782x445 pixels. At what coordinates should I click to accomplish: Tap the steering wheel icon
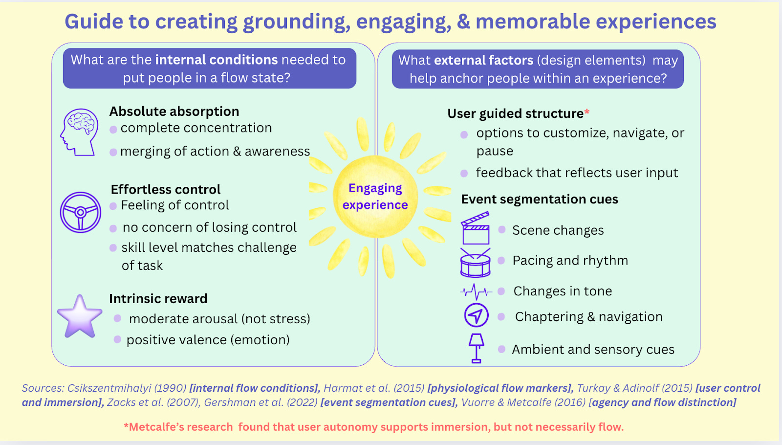pos(81,212)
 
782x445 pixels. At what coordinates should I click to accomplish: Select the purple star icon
pos(79,316)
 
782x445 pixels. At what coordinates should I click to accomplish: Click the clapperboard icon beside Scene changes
pos(475,228)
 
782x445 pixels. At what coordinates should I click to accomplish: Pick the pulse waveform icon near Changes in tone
pos(476,292)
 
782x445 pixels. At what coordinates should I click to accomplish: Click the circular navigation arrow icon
pos(476,315)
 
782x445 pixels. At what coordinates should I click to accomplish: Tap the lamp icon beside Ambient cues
pos(476,348)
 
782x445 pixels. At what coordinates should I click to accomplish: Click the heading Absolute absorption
pos(174,111)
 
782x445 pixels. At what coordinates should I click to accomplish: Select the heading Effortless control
pos(166,189)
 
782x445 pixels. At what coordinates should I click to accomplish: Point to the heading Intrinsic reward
pos(158,298)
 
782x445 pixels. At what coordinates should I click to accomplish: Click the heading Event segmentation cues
pos(540,199)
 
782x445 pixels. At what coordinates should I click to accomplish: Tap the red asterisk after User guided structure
pos(587,112)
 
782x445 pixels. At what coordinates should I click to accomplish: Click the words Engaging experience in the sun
pos(375,196)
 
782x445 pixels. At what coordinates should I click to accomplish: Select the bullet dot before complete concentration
pos(113,130)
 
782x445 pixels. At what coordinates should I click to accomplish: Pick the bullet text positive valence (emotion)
pos(208,340)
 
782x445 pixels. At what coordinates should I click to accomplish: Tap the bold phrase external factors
pos(483,60)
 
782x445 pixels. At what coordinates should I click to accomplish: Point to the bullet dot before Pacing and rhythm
pos(501,261)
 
